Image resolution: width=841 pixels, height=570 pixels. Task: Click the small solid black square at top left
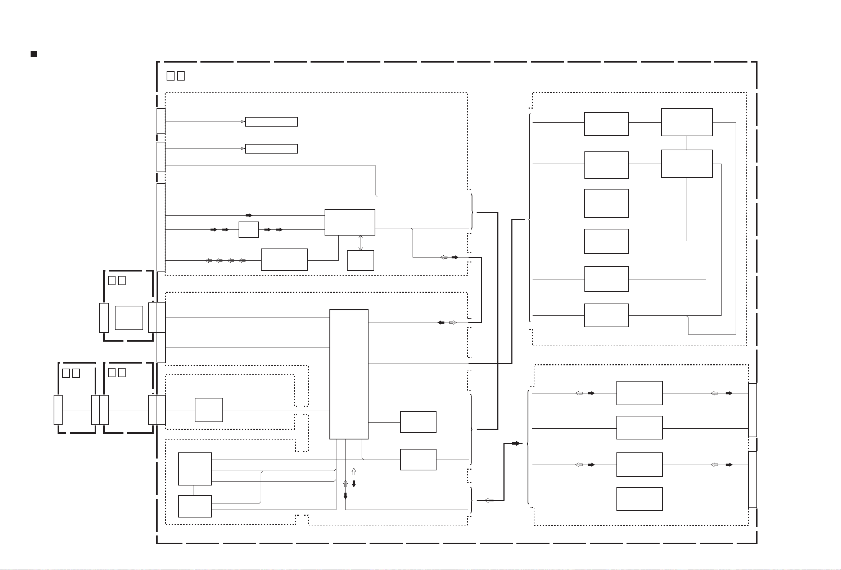point(34,54)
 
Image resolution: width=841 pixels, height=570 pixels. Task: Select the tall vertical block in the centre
point(348,374)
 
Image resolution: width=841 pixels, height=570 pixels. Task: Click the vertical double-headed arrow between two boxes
point(361,243)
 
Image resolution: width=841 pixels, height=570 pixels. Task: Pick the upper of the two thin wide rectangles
point(271,122)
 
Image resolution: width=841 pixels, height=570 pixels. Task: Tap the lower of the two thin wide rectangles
point(271,149)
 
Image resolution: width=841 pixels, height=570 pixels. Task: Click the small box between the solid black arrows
point(249,230)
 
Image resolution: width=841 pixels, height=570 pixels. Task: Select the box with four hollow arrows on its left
point(284,259)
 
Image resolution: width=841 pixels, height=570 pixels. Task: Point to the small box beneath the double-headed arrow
point(361,260)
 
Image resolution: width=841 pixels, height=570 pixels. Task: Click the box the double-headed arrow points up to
point(349,223)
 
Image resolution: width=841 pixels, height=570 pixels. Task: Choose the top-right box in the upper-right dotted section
point(687,122)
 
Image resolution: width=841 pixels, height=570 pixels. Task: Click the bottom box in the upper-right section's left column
point(606,315)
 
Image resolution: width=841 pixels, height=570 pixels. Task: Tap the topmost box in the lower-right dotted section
point(639,393)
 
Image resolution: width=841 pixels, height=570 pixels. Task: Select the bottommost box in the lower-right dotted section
point(639,499)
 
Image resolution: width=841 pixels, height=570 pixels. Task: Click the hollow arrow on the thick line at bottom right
point(489,501)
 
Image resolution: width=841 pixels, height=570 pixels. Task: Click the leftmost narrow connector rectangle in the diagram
point(58,410)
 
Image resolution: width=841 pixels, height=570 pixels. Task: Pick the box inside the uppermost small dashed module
point(129,318)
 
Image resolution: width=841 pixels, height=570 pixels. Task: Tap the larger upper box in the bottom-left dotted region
point(195,469)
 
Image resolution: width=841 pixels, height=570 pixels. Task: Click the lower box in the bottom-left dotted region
point(195,506)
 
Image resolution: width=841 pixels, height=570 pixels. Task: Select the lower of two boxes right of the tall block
point(418,460)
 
